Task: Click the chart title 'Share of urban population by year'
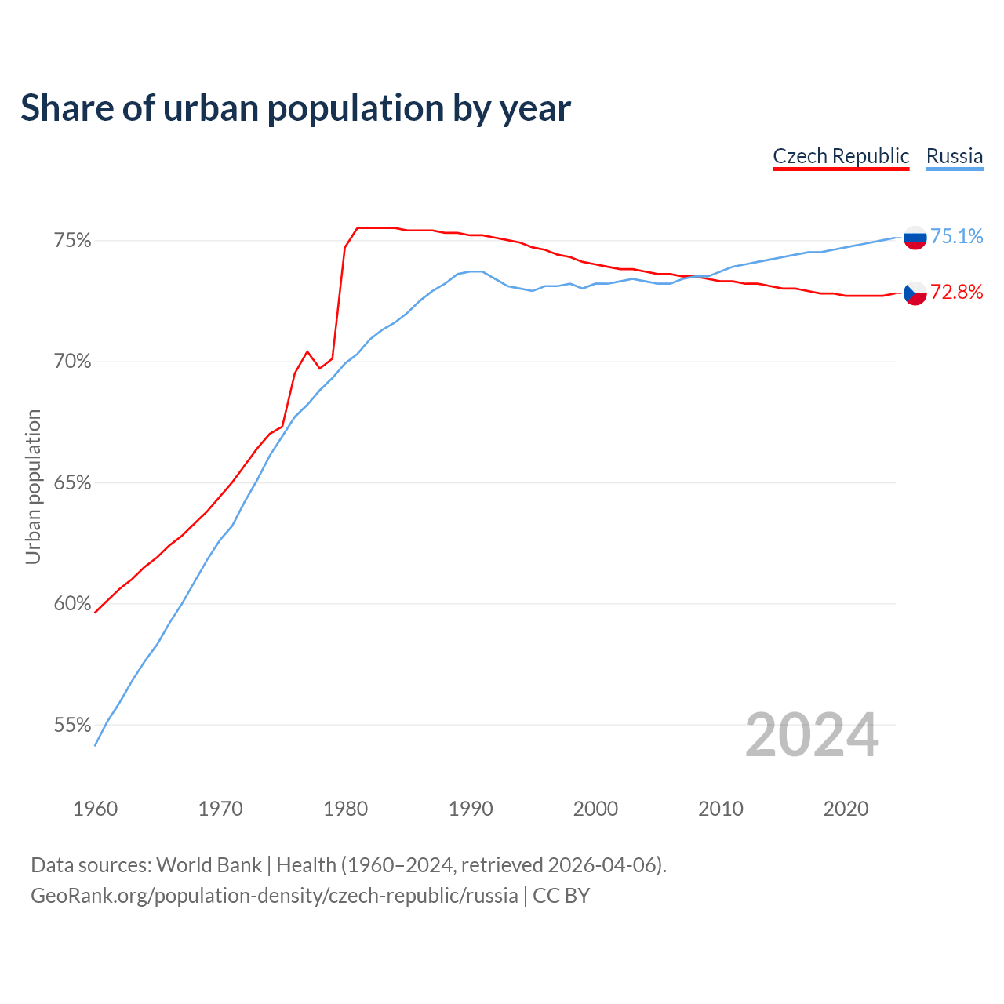point(296,108)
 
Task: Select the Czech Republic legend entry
point(841,156)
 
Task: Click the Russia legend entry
point(954,156)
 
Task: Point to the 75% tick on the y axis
point(72,241)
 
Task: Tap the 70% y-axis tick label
point(72,362)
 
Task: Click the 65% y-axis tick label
point(72,483)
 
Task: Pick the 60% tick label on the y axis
point(72,604)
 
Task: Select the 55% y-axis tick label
point(72,726)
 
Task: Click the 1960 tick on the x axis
point(95,809)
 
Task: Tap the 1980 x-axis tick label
point(346,809)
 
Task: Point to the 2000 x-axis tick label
point(596,809)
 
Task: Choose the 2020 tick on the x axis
point(846,809)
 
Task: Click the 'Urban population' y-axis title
point(33,486)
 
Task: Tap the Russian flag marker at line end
point(915,237)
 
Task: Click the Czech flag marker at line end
point(915,293)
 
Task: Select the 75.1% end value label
point(956,236)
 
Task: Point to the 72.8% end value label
point(956,293)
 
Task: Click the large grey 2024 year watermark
point(812,735)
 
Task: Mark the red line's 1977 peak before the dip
point(307,351)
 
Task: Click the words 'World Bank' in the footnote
point(209,865)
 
